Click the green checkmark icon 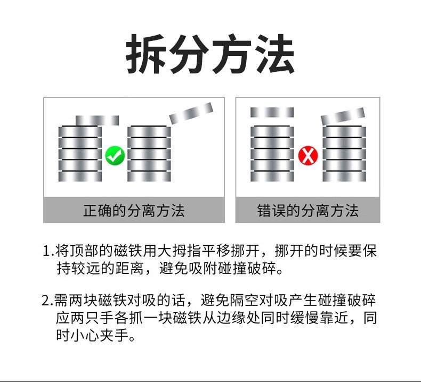click(x=114, y=155)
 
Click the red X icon click(x=308, y=155)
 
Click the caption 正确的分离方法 click(x=133, y=211)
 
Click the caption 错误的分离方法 click(x=307, y=211)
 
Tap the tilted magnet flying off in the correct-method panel click(x=191, y=112)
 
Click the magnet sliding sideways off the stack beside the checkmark click(x=97, y=120)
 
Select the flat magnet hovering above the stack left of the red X click(x=272, y=112)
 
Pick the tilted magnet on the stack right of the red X click(x=343, y=115)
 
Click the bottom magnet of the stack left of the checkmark click(x=80, y=175)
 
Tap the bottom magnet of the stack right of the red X click(x=344, y=175)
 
